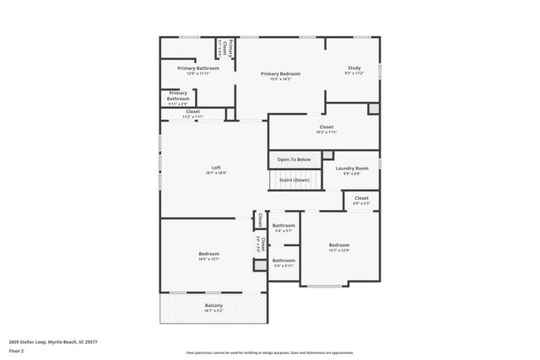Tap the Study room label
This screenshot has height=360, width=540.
click(x=354, y=67)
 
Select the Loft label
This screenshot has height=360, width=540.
click(x=216, y=167)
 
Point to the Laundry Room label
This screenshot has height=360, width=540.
click(x=352, y=169)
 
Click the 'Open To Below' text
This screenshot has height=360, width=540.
click(x=294, y=159)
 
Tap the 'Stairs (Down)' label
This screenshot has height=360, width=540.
click(x=294, y=180)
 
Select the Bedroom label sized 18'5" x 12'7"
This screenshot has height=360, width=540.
click(x=209, y=254)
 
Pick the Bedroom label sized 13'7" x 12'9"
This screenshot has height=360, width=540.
click(x=339, y=245)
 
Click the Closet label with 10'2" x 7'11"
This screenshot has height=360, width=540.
click(x=327, y=127)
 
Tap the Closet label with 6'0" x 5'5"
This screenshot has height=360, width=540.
click(x=361, y=198)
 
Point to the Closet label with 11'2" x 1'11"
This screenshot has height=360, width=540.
click(x=193, y=112)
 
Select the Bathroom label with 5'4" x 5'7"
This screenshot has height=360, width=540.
click(x=283, y=226)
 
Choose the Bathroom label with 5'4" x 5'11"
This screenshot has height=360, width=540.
click(x=283, y=261)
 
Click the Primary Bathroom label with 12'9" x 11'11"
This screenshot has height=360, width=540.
click(x=198, y=68)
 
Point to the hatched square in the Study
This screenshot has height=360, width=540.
click(x=373, y=109)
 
